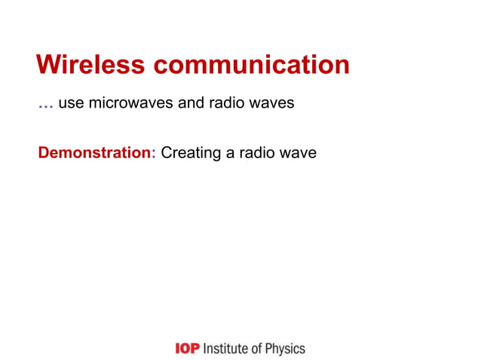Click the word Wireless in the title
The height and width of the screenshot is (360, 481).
90,65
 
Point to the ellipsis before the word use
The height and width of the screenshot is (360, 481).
45,105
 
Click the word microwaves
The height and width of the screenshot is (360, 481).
131,102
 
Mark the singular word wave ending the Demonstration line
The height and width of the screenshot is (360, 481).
298,154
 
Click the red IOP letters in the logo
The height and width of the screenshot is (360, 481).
187,349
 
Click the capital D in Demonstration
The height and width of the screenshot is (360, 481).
44,153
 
